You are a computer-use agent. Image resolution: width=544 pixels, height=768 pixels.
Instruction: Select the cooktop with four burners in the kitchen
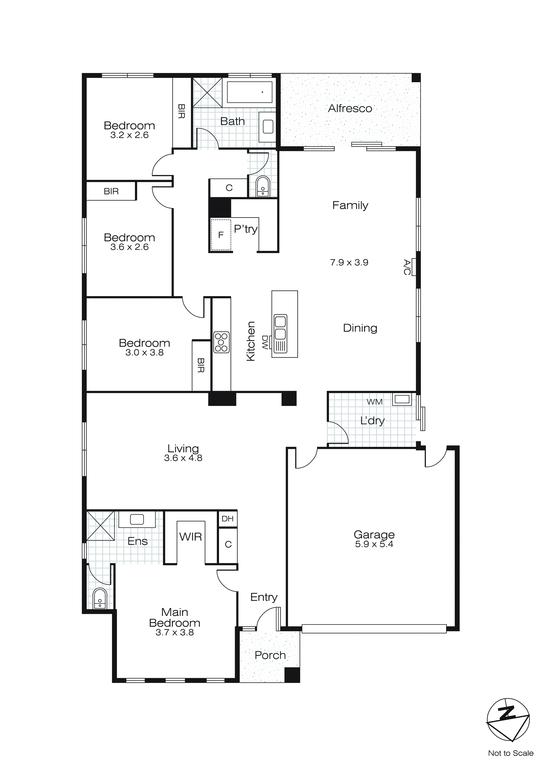tap(221, 342)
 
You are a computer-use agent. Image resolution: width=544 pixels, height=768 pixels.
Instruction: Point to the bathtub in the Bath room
tap(249, 92)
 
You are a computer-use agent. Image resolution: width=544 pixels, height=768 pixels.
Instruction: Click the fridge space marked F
tap(221, 235)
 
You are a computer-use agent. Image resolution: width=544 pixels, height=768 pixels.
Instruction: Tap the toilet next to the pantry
tap(263, 187)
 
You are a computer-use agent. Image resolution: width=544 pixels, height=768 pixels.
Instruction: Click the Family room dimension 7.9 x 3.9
tap(349, 263)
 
